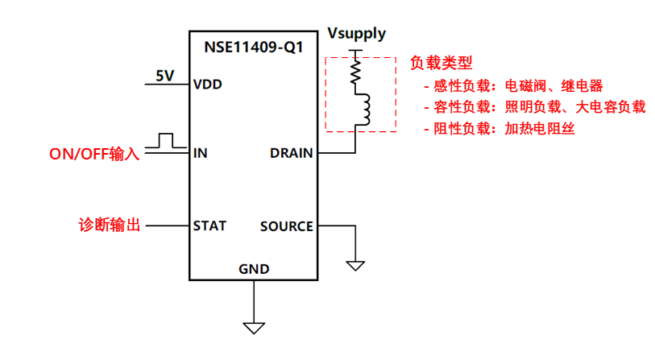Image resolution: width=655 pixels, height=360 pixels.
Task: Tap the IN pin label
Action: pyautogui.click(x=201, y=152)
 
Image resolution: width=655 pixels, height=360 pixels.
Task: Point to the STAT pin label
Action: pyautogui.click(x=209, y=226)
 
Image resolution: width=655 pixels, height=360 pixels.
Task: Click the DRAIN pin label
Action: pyautogui.click(x=291, y=152)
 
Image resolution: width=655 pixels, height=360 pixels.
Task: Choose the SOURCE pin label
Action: pyautogui.click(x=286, y=226)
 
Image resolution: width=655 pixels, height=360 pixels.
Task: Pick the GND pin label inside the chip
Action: pyautogui.click(x=254, y=269)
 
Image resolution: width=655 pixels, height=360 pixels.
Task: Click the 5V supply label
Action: pyautogui.click(x=165, y=76)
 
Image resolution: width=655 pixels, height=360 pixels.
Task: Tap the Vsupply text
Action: pyautogui.click(x=356, y=34)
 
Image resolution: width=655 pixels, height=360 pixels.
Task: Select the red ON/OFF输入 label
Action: pyautogui.click(x=95, y=153)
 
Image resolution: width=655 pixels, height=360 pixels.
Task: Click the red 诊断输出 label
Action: pyautogui.click(x=110, y=226)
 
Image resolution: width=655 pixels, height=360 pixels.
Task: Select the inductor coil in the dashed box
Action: pyautogui.click(x=362, y=110)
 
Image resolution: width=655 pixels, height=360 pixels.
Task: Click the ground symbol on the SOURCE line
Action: pyautogui.click(x=354, y=264)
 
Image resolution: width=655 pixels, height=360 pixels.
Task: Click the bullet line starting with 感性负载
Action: pyautogui.click(x=512, y=85)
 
